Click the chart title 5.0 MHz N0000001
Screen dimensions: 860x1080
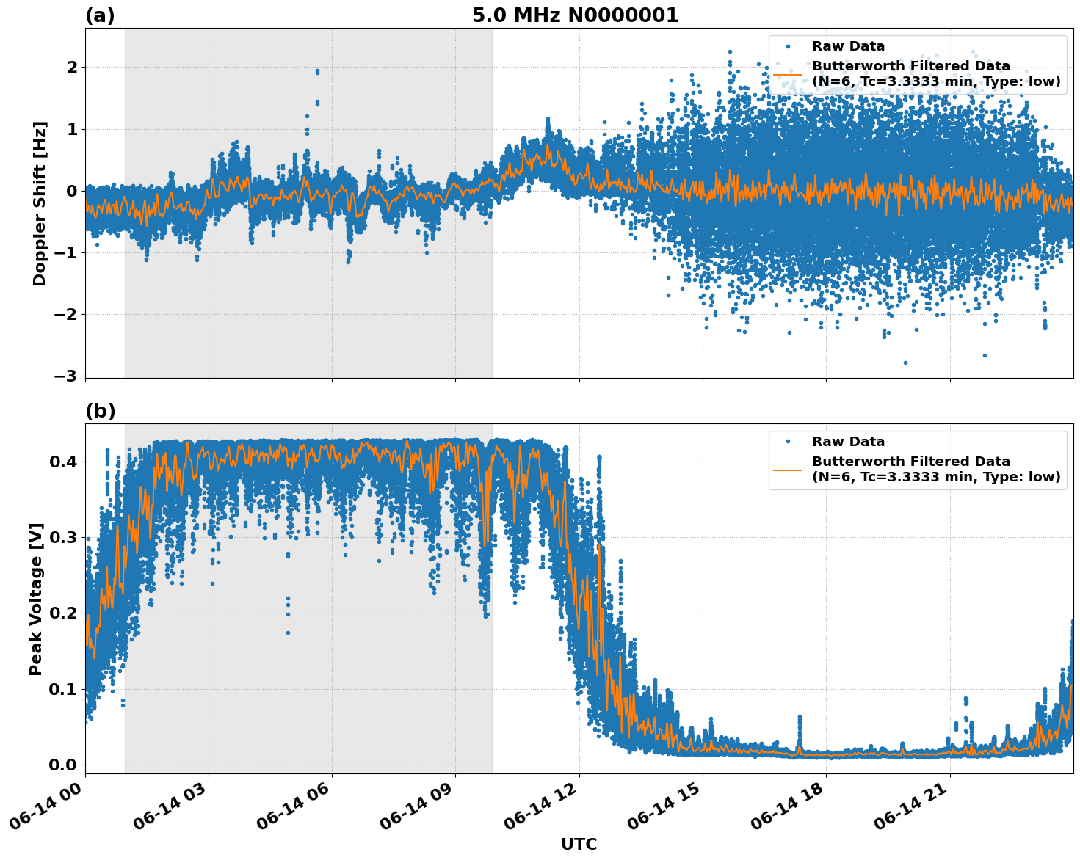tap(575, 15)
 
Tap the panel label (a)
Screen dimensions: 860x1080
tap(100, 15)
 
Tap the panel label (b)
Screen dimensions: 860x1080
tap(100, 411)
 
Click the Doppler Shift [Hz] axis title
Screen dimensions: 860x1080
tap(40, 203)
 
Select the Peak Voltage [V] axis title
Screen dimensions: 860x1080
tap(36, 598)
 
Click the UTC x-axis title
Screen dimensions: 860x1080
tap(579, 844)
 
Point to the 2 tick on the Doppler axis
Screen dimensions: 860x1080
tap(72, 68)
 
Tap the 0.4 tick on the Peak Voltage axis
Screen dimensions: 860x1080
tap(62, 462)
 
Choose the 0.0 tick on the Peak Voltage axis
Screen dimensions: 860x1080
tap(62, 765)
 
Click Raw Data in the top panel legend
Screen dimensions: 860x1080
tap(848, 46)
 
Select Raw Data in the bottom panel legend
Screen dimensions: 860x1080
tap(848, 442)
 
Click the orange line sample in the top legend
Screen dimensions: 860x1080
tap(787, 74)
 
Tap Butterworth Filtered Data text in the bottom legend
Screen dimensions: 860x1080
tap(910, 462)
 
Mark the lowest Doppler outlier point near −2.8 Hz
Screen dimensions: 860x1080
tap(905, 362)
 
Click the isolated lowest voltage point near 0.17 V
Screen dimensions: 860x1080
tap(288, 633)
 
